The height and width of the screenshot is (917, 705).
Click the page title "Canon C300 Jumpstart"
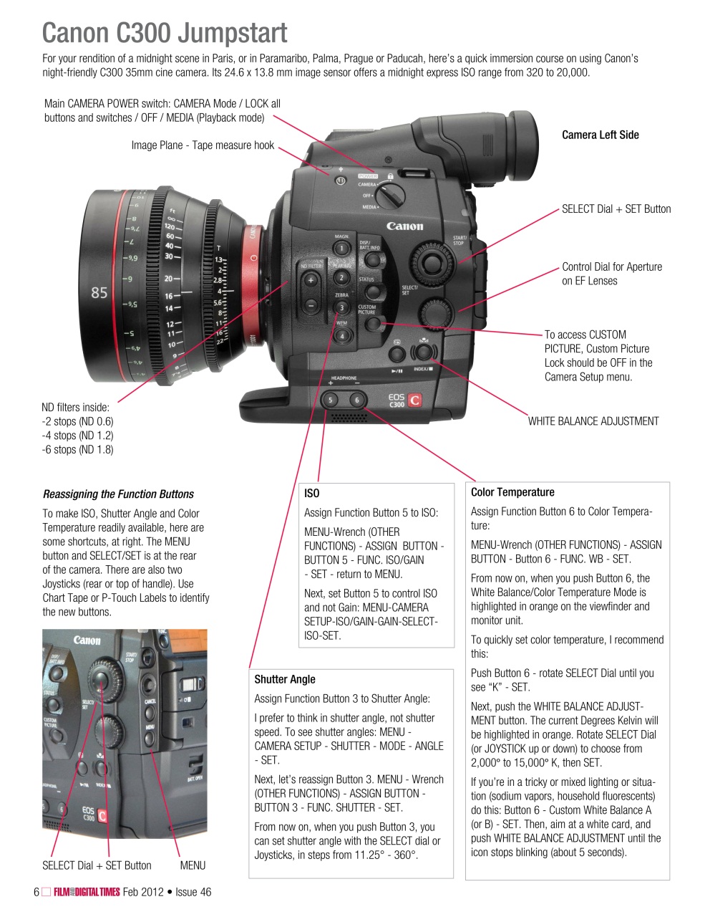tap(165, 33)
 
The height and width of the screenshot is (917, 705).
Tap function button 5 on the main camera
tap(331, 400)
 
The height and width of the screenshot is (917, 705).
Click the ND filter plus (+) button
tap(311, 281)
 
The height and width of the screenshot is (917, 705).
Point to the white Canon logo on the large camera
tap(404, 226)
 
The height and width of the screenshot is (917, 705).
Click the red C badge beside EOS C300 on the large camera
tap(414, 401)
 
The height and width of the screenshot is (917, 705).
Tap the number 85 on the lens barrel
tap(99, 292)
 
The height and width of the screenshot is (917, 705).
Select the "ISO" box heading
tap(312, 493)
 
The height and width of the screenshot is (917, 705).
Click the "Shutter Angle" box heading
tap(285, 679)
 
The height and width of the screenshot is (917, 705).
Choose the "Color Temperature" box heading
tap(512, 492)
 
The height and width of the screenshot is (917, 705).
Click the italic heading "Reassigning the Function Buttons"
tap(118, 494)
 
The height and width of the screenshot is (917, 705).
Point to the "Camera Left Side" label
tap(600, 135)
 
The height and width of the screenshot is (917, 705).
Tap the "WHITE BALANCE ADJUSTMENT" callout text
tap(593, 421)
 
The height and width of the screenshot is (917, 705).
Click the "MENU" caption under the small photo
tap(193, 865)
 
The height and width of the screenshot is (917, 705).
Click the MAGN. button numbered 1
tap(341, 249)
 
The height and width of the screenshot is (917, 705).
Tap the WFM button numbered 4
tap(342, 335)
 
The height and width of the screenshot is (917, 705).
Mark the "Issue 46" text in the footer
tap(193, 892)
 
